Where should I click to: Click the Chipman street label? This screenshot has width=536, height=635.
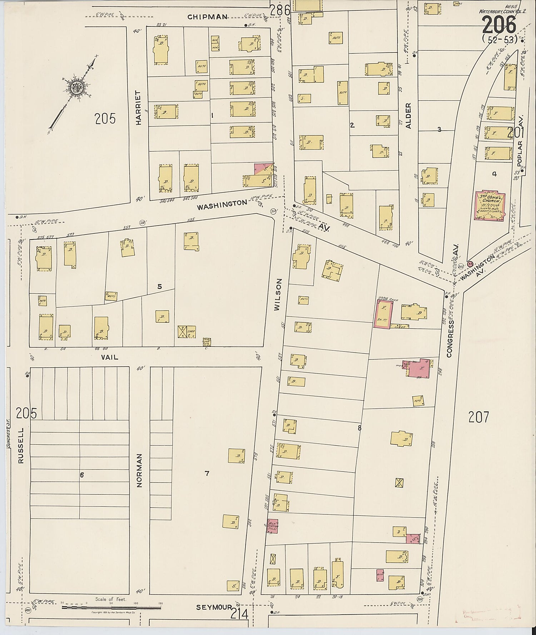coord(207,16)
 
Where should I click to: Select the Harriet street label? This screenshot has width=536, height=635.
coord(139,107)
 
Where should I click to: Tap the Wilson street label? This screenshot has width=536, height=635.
coord(279,295)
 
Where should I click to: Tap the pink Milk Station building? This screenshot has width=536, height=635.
coord(272,526)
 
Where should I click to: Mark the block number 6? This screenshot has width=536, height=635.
coord(82,475)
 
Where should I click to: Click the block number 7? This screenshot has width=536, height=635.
coord(207,474)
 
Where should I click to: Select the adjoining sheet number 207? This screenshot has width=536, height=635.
coord(478,417)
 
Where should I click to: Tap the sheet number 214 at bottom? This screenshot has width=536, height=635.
coord(239,614)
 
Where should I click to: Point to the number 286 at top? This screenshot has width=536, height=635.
coord(280,10)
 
